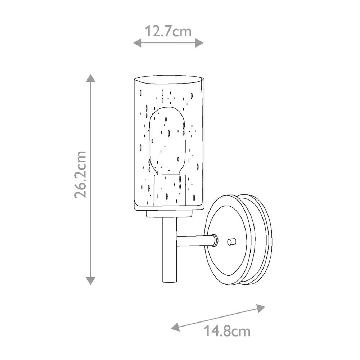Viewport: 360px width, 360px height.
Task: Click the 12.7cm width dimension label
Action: [168, 31]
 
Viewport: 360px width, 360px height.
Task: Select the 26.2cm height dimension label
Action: [80, 174]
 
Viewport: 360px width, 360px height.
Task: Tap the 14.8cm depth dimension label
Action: [227, 331]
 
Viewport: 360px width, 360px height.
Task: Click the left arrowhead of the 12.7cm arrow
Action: [137, 43]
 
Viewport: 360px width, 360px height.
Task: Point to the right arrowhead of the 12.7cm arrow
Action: [199, 43]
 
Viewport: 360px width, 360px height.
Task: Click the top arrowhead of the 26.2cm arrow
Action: [90, 78]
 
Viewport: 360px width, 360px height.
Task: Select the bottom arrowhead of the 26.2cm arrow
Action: [90, 281]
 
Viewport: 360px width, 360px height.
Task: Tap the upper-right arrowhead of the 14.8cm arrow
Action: [261, 308]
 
